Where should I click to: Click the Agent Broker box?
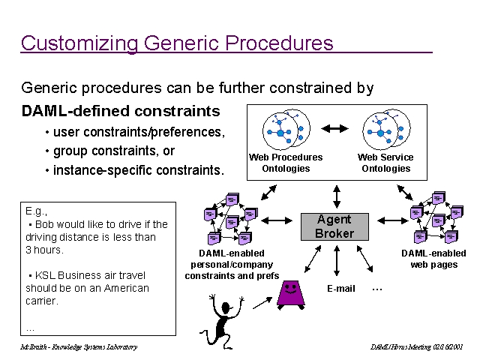334,226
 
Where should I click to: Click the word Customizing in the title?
78,43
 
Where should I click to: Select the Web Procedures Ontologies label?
286,163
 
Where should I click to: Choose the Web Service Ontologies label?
385,163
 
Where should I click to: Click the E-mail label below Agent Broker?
341,289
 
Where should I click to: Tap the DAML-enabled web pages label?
433,259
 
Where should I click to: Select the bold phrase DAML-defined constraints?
121,112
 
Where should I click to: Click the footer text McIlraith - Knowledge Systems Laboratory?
79,347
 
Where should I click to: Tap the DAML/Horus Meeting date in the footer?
417,347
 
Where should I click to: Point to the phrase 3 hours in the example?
43,250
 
